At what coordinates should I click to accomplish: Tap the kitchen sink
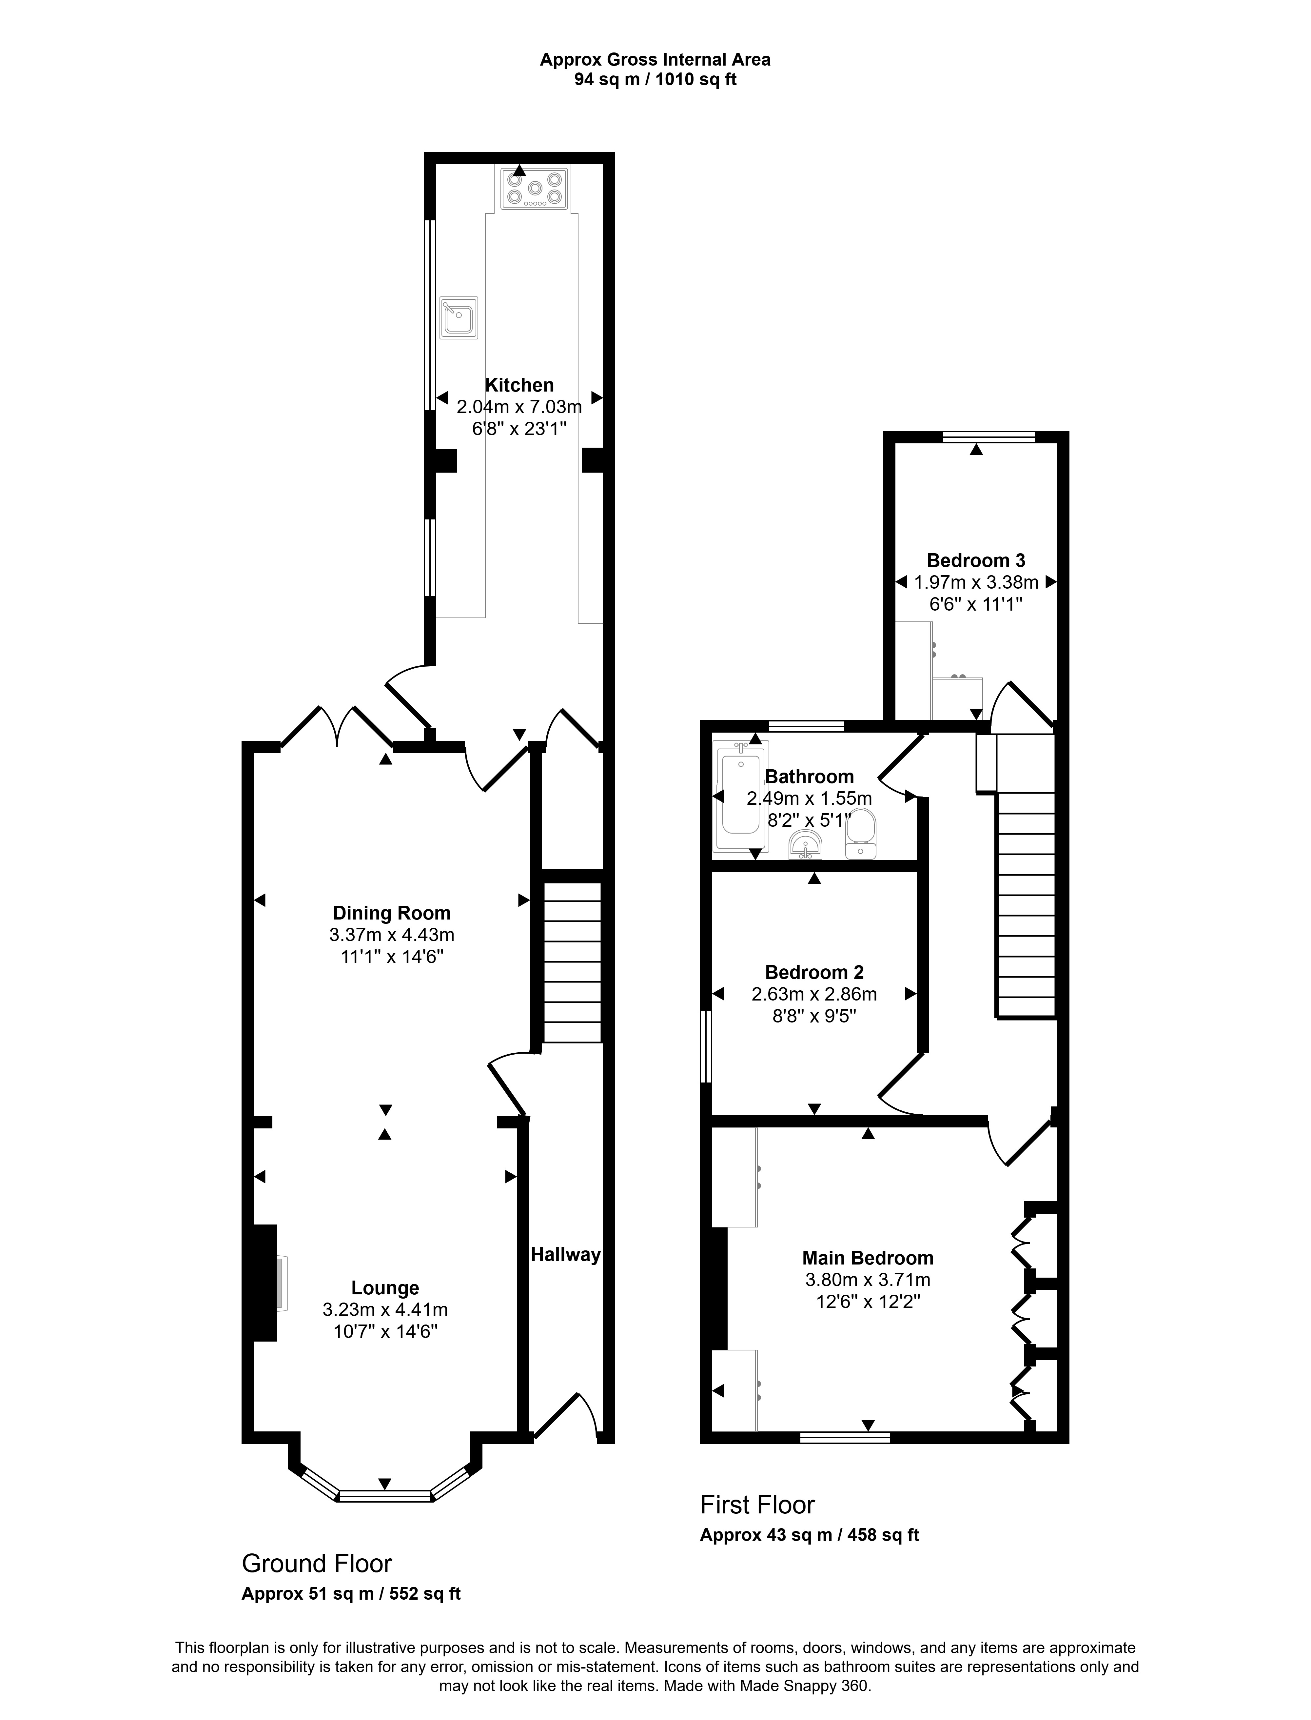pyautogui.click(x=459, y=318)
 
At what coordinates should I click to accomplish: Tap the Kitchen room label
pyautogui.click(x=520, y=385)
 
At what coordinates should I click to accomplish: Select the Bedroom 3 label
pyautogui.click(x=975, y=560)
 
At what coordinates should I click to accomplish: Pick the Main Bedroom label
pyautogui.click(x=868, y=1258)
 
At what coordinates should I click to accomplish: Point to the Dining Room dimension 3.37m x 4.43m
pyautogui.click(x=392, y=935)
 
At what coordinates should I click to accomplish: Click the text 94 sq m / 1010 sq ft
pyautogui.click(x=655, y=80)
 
